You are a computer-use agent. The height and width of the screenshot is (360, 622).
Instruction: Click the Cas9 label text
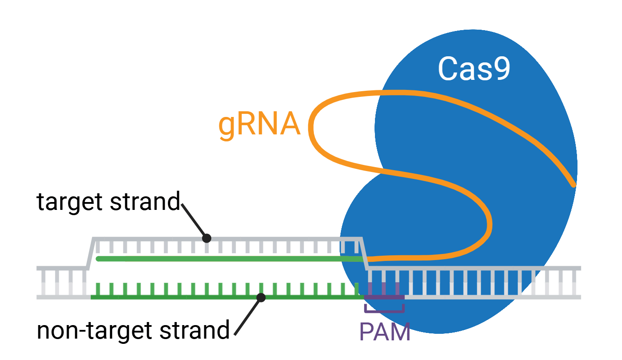474,69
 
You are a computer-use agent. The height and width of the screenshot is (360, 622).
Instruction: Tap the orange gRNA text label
260,125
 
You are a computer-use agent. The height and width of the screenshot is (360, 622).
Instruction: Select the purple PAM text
385,332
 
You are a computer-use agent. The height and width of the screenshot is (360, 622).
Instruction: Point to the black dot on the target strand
207,238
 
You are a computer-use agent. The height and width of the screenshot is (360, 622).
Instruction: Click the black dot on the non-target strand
261,298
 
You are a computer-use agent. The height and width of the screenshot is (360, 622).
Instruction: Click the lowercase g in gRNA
227,127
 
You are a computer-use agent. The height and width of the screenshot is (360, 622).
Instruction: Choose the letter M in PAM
401,332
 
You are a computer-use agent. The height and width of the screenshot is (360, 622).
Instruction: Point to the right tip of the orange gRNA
573,185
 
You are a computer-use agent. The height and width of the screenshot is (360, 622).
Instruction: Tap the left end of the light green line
99,259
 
